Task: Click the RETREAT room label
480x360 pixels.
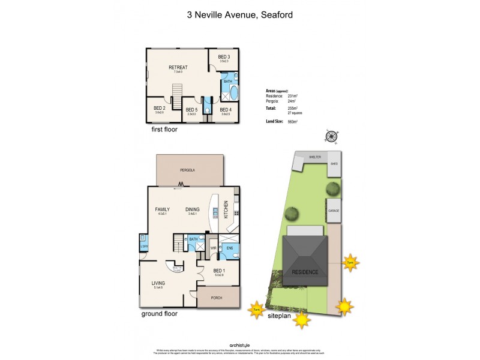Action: click(x=177, y=67)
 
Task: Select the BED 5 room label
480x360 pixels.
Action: click(x=191, y=110)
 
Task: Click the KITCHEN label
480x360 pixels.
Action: click(x=226, y=209)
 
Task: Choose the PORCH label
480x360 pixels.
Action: click(x=218, y=298)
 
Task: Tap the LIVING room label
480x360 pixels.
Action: click(x=158, y=283)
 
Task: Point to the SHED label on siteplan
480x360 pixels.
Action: click(x=334, y=163)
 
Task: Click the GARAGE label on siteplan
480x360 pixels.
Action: click(x=334, y=211)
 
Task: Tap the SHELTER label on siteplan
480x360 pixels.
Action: click(x=315, y=157)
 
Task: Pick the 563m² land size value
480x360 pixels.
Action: click(x=293, y=121)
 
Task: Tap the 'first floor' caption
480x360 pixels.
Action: click(x=164, y=129)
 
